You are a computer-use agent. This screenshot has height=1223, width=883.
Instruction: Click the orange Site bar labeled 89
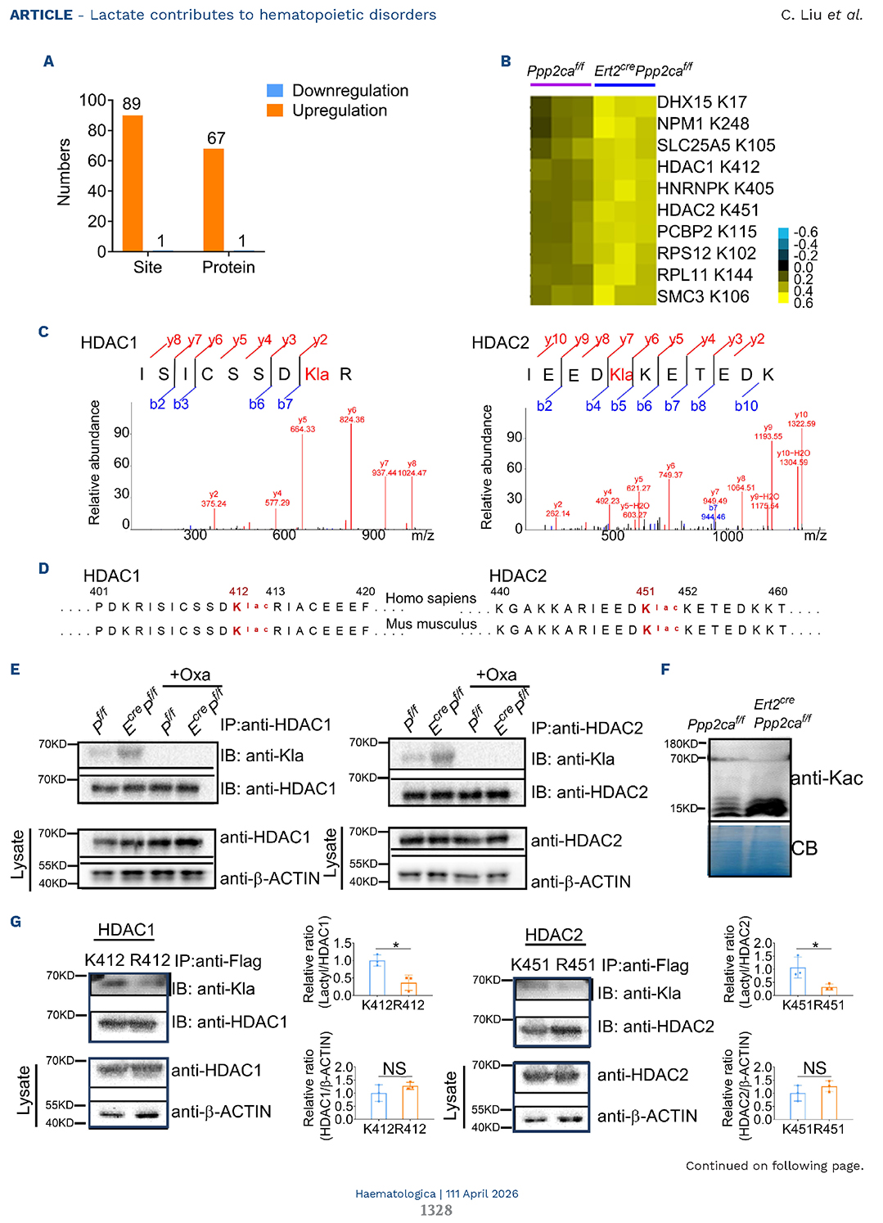[x=133, y=183]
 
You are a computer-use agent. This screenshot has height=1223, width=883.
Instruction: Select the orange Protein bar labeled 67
[x=214, y=200]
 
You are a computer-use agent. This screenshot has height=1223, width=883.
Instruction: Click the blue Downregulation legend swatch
[x=275, y=91]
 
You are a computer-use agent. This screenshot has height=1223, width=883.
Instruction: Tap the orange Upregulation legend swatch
[x=275, y=111]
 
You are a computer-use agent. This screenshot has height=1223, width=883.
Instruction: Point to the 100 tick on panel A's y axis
[x=92, y=101]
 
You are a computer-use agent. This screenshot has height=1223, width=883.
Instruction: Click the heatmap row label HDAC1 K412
[x=708, y=167]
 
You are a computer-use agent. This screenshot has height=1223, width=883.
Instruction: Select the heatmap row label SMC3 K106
[x=703, y=296]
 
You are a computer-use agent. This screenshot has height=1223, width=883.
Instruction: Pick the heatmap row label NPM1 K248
[x=703, y=124]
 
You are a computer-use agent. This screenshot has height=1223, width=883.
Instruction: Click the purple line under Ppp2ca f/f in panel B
[x=560, y=84]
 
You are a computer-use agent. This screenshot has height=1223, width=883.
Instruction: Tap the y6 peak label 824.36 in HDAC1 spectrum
[x=352, y=419]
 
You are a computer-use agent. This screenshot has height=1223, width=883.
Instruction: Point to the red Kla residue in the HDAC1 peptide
[x=317, y=374]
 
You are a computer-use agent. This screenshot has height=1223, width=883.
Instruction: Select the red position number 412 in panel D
[x=238, y=591]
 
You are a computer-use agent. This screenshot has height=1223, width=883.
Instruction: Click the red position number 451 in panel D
[x=645, y=591]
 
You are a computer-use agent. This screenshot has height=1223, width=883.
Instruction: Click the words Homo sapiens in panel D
[x=430, y=598]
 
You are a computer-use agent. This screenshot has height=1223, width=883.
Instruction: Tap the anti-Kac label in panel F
[x=827, y=778]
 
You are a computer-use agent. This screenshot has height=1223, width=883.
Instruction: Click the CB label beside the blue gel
[x=804, y=849]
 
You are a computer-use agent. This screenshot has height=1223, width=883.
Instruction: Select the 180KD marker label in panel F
[x=681, y=744]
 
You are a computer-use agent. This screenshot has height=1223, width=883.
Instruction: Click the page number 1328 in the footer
[x=436, y=1210]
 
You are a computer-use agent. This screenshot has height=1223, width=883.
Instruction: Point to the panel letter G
[x=16, y=922]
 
